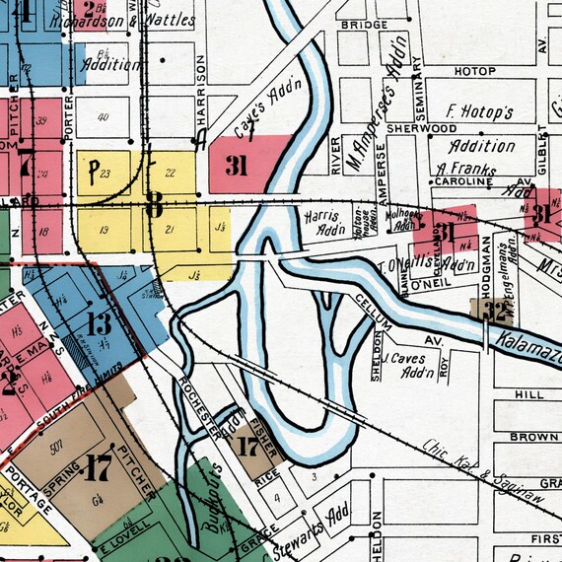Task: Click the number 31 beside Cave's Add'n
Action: (x=236, y=166)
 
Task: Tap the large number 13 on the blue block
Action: (x=100, y=323)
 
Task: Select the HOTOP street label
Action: (x=474, y=72)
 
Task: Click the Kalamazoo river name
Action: (x=527, y=342)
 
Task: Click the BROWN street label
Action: (x=534, y=436)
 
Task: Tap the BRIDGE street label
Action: (x=362, y=25)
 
